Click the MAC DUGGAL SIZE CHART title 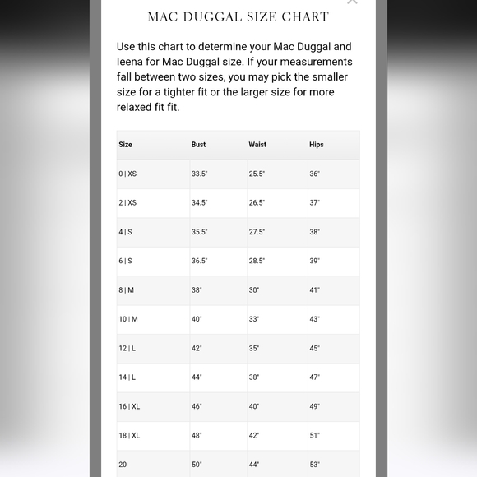coord(238,16)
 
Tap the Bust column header coord(199,145)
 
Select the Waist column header coord(257,145)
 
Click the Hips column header coord(317,145)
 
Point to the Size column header coord(126,145)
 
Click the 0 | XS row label coord(127,174)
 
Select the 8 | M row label coord(127,290)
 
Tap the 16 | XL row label coord(129,406)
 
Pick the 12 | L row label coord(127,349)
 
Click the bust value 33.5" coord(200,174)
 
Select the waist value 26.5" coord(257,203)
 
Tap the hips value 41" coord(315,290)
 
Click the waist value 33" coord(254,319)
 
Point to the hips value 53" coord(315,465)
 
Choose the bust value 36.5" coord(200,262)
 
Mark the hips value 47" coord(315,377)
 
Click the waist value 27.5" coord(257,232)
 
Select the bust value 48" coord(197,436)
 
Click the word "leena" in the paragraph coord(132,62)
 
